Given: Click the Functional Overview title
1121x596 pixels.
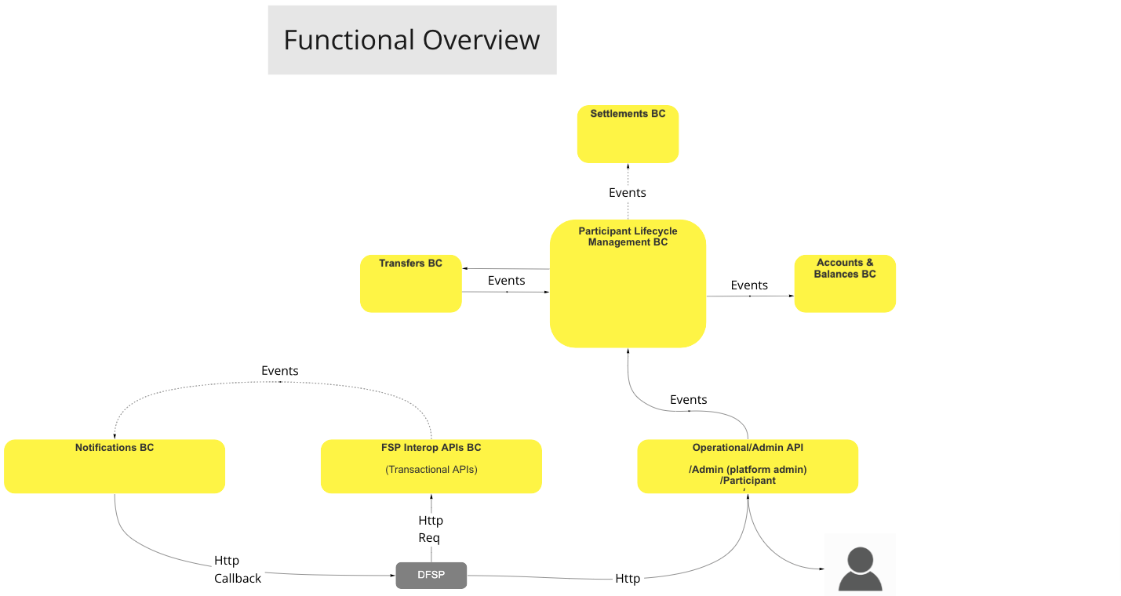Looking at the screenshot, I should [x=412, y=40].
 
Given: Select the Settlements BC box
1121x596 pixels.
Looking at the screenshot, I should [x=628, y=134].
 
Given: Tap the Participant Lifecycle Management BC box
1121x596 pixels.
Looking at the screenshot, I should [x=628, y=284].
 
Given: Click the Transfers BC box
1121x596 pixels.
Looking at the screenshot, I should [x=410, y=284].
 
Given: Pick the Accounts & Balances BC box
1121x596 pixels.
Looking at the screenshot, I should [x=845, y=284].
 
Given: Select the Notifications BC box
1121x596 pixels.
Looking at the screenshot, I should [x=115, y=467].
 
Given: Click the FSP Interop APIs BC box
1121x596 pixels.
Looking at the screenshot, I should [x=431, y=467].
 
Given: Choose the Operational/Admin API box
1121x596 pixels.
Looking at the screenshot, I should [x=748, y=467].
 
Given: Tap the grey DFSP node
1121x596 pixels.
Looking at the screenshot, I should [x=431, y=576].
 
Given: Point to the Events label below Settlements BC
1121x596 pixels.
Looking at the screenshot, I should [x=628, y=193].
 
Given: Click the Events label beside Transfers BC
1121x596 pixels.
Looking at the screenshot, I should [x=506, y=281].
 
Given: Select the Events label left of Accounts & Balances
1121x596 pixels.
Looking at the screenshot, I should [x=749, y=285].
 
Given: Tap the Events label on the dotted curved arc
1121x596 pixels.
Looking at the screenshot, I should [x=280, y=371].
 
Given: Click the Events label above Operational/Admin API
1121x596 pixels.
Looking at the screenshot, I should [x=688, y=400].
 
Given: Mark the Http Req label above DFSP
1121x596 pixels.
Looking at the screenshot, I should [x=430, y=529].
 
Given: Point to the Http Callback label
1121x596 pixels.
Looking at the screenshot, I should [x=237, y=569].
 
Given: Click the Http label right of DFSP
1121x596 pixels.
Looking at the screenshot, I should [x=628, y=579].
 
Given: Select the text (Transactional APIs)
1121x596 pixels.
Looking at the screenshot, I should [x=431, y=470].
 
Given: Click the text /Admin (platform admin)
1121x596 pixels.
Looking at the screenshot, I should [x=748, y=470].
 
